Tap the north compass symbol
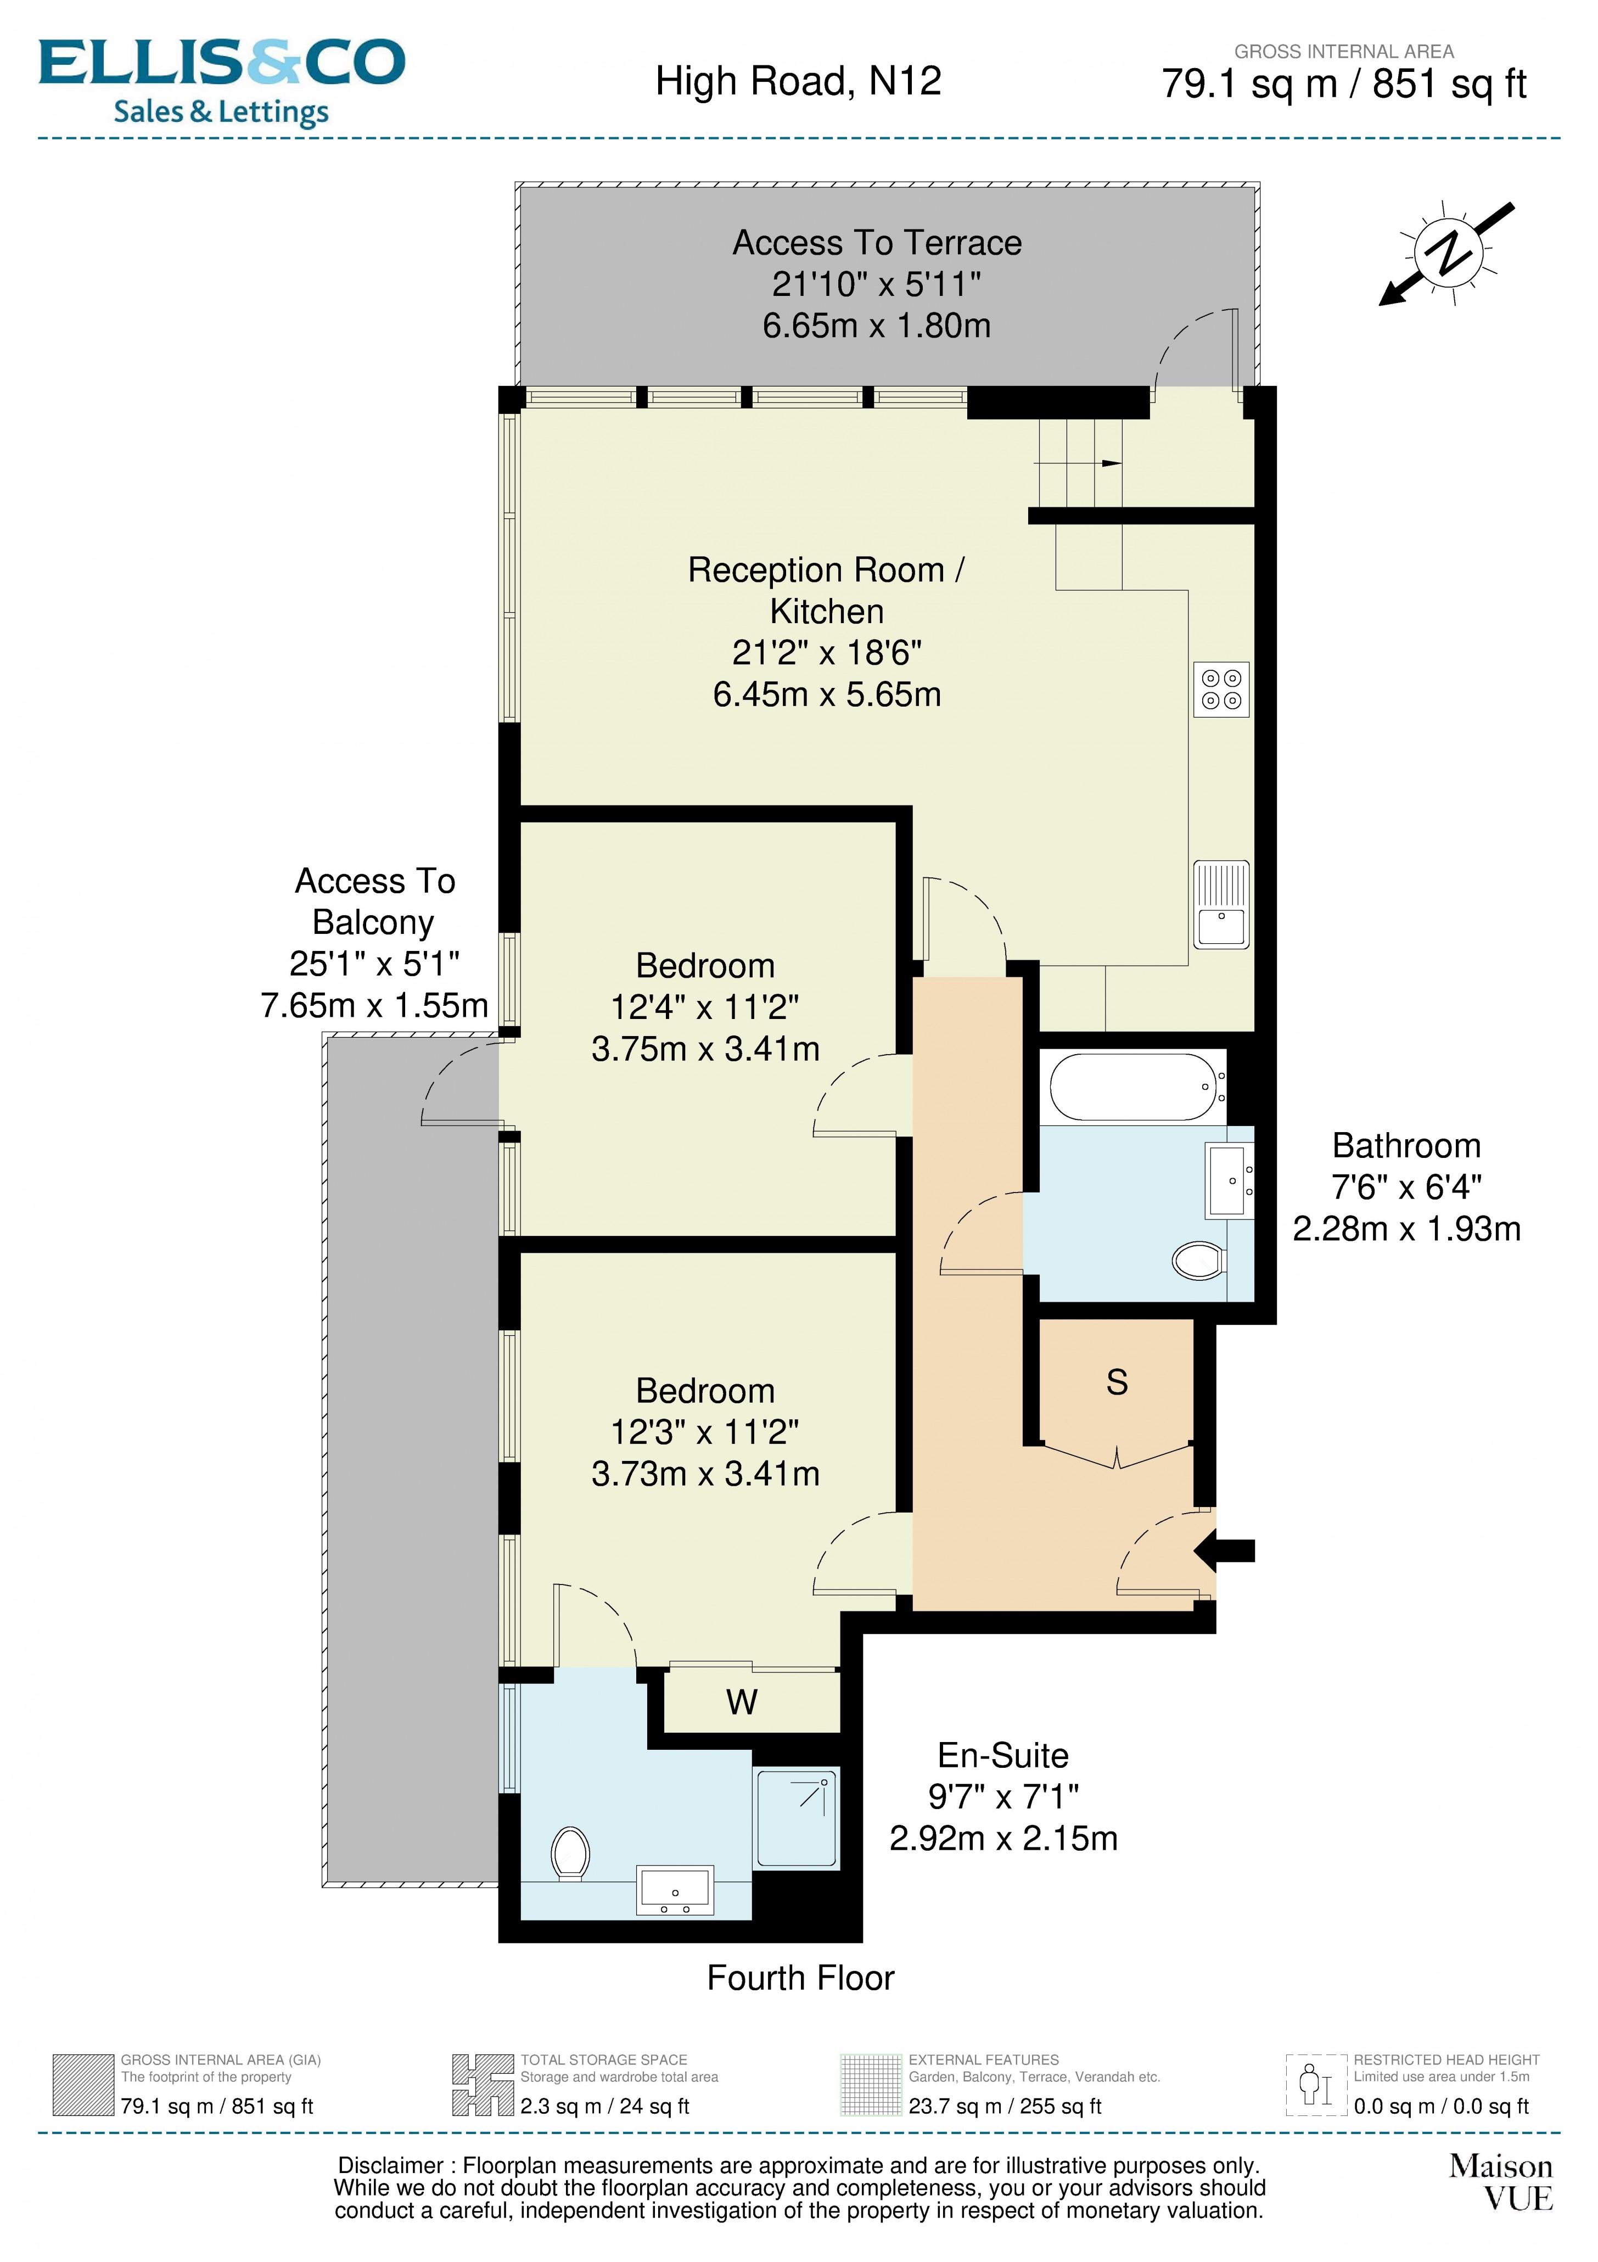point(1447,252)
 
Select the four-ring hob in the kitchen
point(1221,688)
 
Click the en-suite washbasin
point(675,1890)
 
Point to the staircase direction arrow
point(1111,463)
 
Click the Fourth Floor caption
point(800,1977)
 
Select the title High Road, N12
point(798,81)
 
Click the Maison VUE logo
point(1500,2181)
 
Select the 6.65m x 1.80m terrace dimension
point(876,325)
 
